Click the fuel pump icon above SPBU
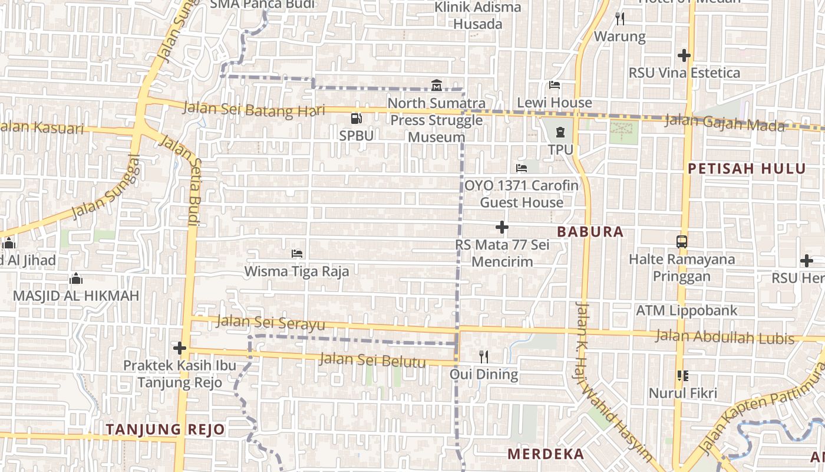click(356, 119)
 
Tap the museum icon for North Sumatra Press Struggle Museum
click(436, 86)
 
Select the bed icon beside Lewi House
click(554, 85)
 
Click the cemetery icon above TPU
click(560, 132)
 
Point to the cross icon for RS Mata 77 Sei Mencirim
click(502, 227)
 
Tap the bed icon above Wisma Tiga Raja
click(297, 254)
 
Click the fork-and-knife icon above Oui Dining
click(484, 356)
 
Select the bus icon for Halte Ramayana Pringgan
click(682, 241)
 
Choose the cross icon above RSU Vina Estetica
click(684, 55)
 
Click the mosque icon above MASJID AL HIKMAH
click(75, 278)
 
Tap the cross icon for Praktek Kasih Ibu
click(180, 348)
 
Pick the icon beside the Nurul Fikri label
click(683, 376)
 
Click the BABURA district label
click(590, 232)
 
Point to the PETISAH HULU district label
click(747, 169)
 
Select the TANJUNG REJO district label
click(166, 430)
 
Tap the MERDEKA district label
click(546, 454)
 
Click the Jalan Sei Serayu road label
click(270, 323)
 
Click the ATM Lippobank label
click(687, 310)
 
